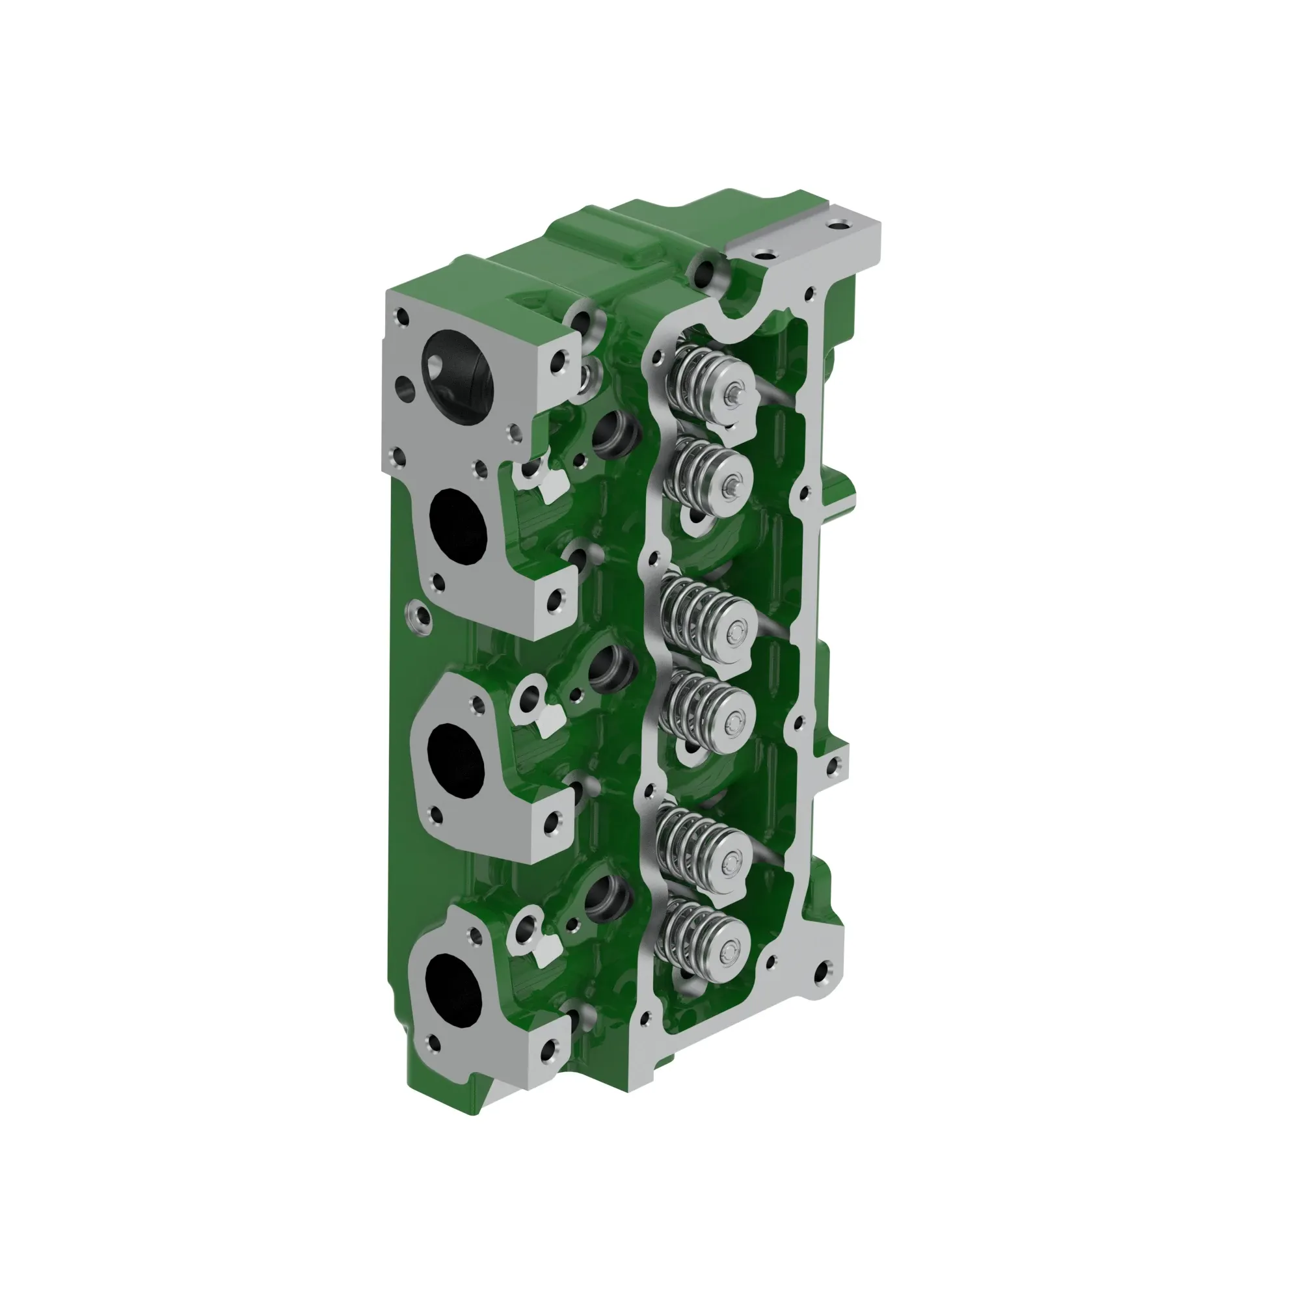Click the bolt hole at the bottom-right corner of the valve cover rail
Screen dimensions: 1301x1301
(822, 972)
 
